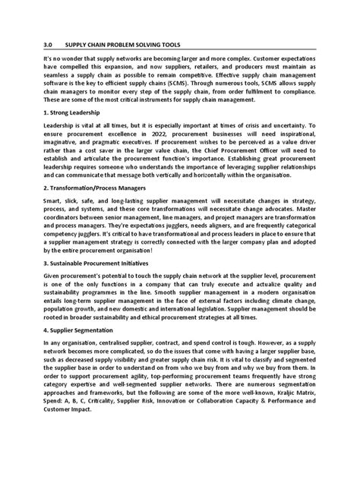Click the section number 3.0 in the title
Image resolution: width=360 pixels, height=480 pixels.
(x=49, y=45)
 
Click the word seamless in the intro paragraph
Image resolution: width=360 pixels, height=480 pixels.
(x=61, y=87)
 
